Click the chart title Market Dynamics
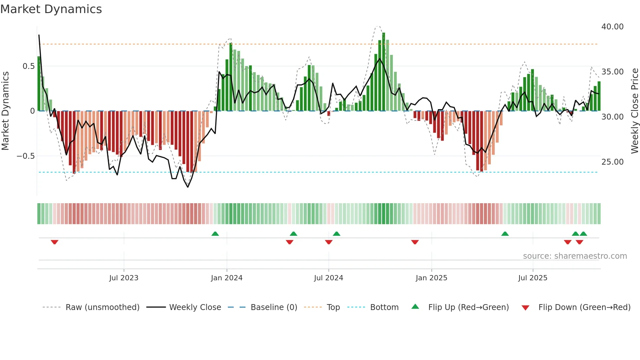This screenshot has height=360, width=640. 51,9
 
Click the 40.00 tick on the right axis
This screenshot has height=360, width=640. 612,27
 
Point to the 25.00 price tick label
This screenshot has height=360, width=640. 612,162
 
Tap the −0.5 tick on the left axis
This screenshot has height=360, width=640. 25,156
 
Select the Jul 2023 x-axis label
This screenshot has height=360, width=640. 124,278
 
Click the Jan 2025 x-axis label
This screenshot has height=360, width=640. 431,278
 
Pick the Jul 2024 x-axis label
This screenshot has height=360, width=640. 328,278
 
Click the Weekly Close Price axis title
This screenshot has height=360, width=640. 634,111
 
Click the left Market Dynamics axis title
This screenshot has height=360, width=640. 5,111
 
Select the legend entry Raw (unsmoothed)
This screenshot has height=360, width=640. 102,307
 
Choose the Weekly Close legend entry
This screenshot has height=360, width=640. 195,307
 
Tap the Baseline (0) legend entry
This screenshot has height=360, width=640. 274,307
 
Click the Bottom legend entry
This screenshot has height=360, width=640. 384,307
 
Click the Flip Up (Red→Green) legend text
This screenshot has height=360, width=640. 468,307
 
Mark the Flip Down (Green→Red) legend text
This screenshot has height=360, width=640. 584,307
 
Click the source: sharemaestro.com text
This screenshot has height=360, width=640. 575,256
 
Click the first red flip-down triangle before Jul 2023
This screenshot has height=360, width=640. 55,242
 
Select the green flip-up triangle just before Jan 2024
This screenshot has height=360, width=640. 215,234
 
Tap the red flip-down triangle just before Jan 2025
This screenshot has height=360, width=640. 415,242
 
